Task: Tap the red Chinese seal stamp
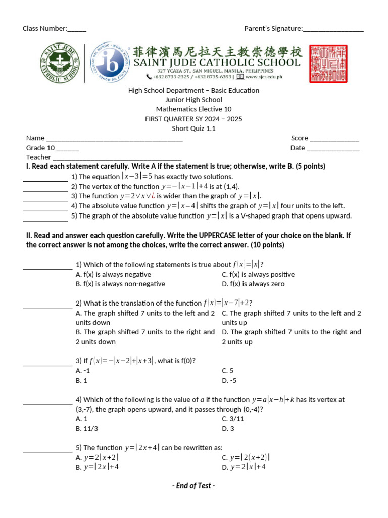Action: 328,63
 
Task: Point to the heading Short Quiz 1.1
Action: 193,128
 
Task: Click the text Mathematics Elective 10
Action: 193,109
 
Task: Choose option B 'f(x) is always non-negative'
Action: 113,284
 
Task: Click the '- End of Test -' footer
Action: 193,486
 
